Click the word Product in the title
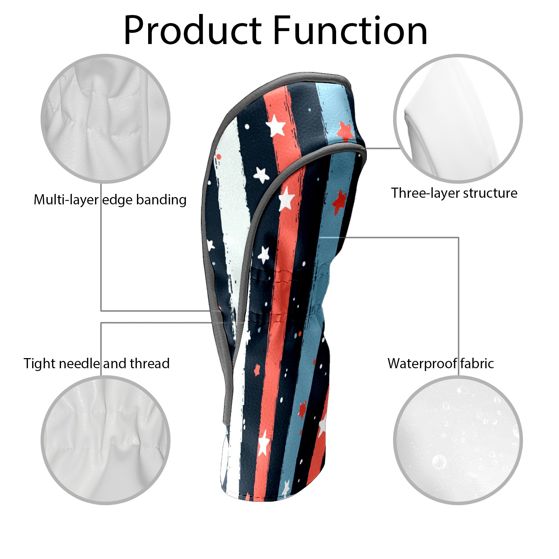coord(193,31)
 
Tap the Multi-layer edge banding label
coord(110,200)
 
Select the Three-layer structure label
coord(454,193)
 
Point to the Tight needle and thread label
coord(97,363)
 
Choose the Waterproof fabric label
coord(441,363)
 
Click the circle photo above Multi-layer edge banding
coord(106,118)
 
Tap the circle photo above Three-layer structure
coord(458,118)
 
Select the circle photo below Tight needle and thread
coord(106,440)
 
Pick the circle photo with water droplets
coord(458,440)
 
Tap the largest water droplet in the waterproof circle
coord(439,462)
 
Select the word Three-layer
coord(425,193)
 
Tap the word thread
coord(150,363)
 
